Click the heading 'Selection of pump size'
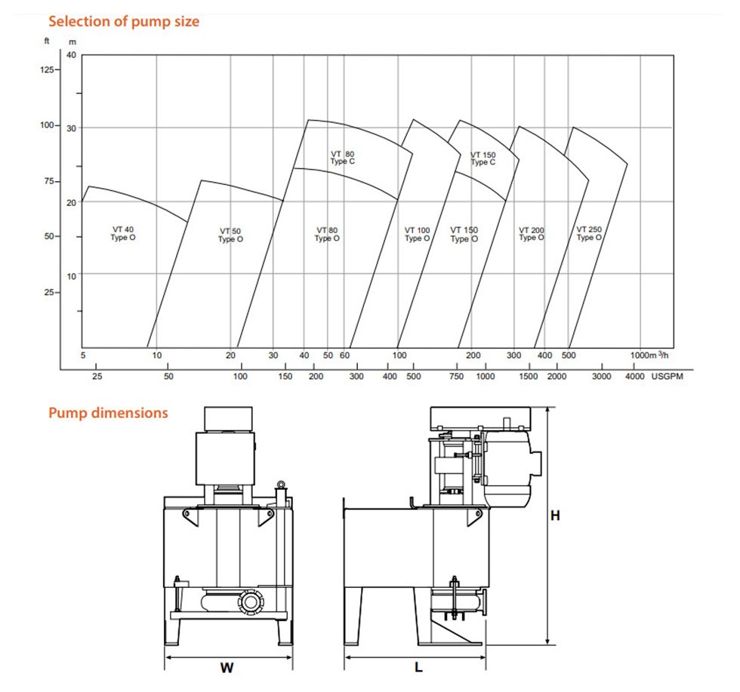124,21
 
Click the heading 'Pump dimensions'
108,413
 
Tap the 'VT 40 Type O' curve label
125,233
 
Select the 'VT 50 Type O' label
231,235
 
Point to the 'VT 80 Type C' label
342,157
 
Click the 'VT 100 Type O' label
417,234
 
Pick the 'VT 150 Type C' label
483,158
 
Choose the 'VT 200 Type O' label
531,234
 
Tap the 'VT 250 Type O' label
589,234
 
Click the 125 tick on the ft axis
48,69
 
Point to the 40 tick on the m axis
72,55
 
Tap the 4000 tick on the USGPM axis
634,376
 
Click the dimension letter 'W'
226,667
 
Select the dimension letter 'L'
418,667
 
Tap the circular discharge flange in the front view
248,603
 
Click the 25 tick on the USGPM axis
97,376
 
